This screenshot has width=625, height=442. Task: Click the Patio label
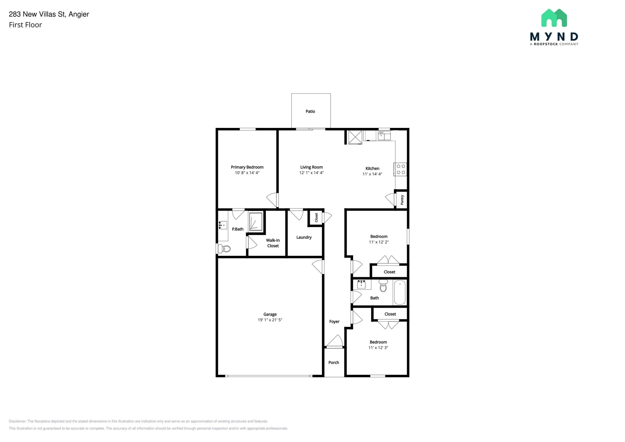[310, 111]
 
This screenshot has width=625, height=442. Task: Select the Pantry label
[402, 200]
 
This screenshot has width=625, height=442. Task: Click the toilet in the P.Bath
[224, 249]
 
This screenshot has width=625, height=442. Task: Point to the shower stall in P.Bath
[255, 221]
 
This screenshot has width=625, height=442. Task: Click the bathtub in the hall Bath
[399, 292]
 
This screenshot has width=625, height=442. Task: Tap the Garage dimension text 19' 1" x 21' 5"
[270, 320]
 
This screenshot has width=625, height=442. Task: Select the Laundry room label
[304, 237]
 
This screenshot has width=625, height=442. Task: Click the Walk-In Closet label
[273, 243]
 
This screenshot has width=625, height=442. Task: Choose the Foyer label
[334, 321]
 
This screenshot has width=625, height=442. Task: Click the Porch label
[334, 362]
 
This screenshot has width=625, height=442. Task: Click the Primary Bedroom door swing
[272, 200]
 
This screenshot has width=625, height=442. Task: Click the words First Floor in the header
[25, 25]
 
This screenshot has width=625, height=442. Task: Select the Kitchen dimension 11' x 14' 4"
[372, 174]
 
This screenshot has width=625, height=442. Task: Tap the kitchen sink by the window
[384, 136]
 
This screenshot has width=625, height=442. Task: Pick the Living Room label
[311, 167]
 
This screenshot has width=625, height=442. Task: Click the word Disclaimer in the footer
[17, 421]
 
